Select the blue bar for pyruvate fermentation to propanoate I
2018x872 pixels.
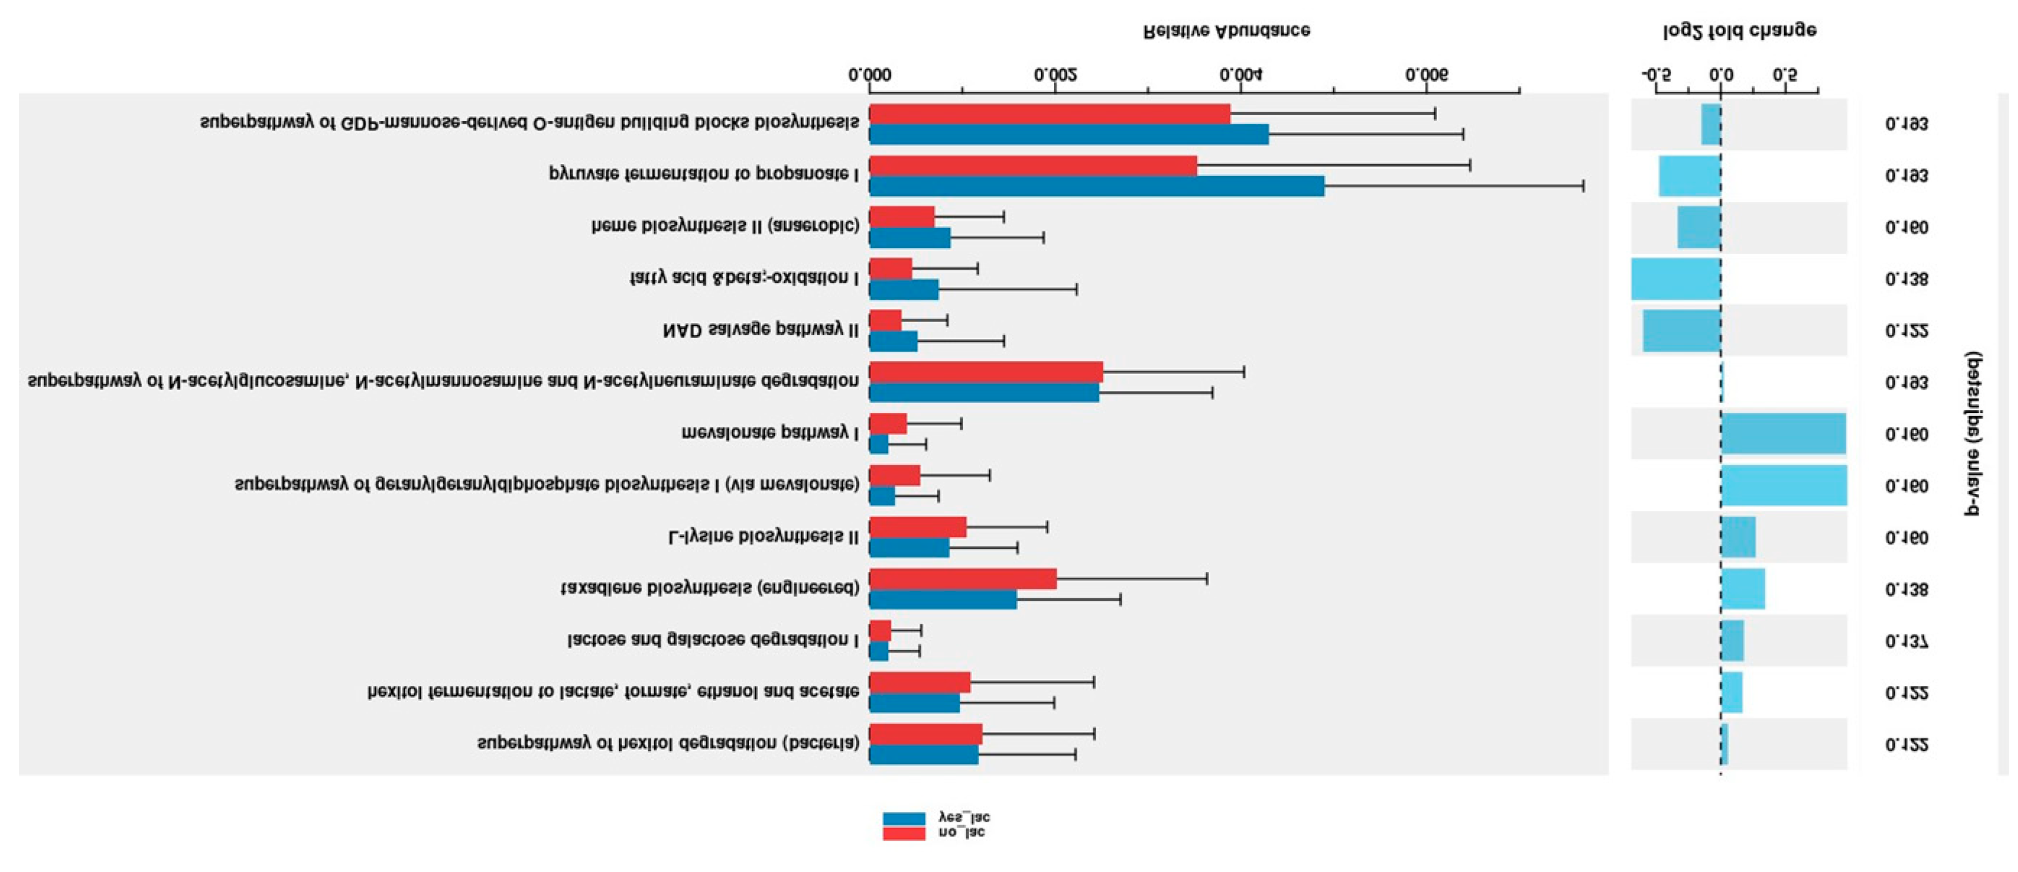(x=1097, y=186)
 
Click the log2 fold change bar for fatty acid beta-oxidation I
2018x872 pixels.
(x=1676, y=279)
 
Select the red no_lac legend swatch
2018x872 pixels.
(x=904, y=833)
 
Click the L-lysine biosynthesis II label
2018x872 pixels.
(x=763, y=537)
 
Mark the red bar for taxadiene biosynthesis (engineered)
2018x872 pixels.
(x=963, y=579)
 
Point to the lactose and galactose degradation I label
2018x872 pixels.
(x=713, y=640)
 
